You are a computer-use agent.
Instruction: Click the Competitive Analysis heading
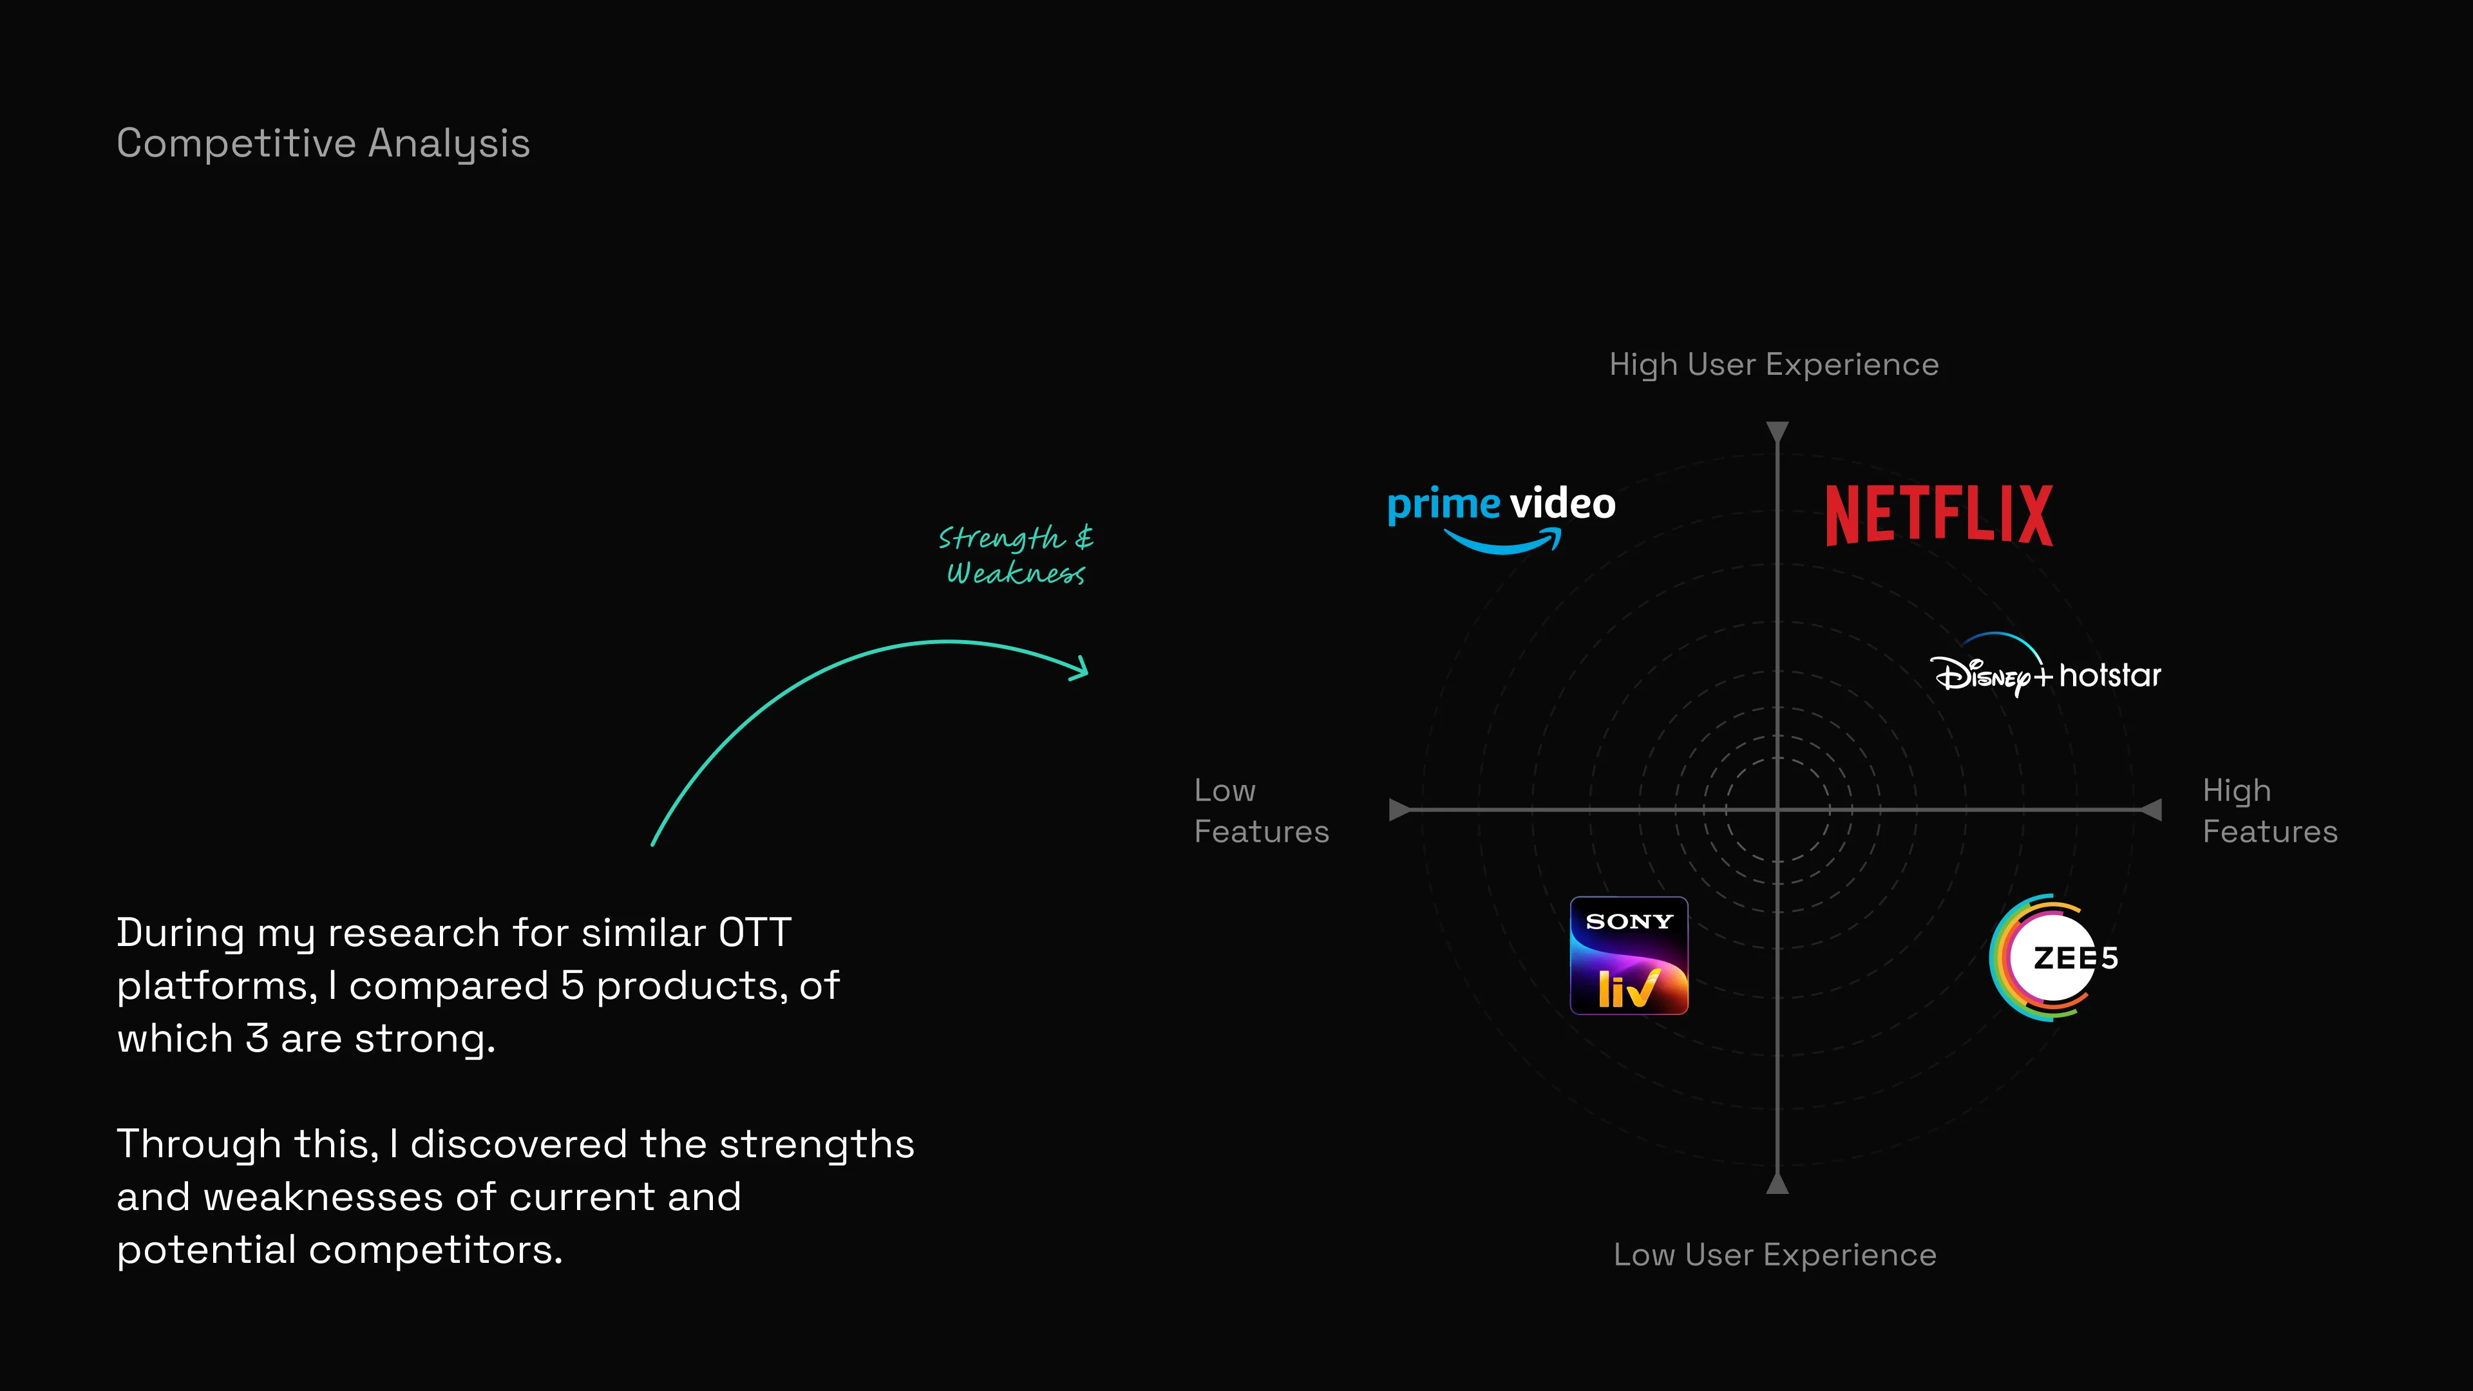[323, 143]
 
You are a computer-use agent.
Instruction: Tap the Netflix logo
[1938, 515]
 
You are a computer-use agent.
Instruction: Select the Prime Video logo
[1501, 515]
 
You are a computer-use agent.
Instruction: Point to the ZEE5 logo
[2054, 957]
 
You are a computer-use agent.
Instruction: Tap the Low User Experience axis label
[1775, 1254]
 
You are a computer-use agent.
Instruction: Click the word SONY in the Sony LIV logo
[1629, 922]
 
